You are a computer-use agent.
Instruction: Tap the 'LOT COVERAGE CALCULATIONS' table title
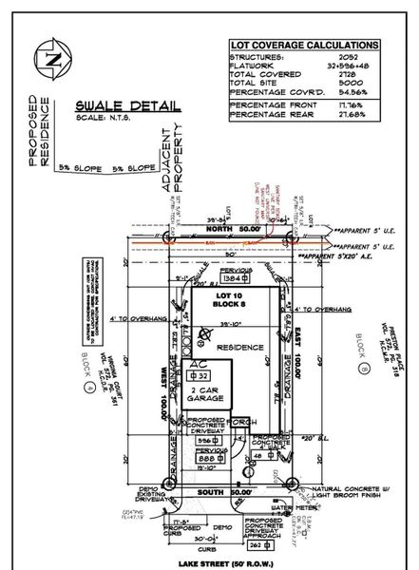pyautogui.click(x=303, y=46)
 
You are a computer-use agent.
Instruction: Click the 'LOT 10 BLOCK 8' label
pyautogui.click(x=226, y=304)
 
